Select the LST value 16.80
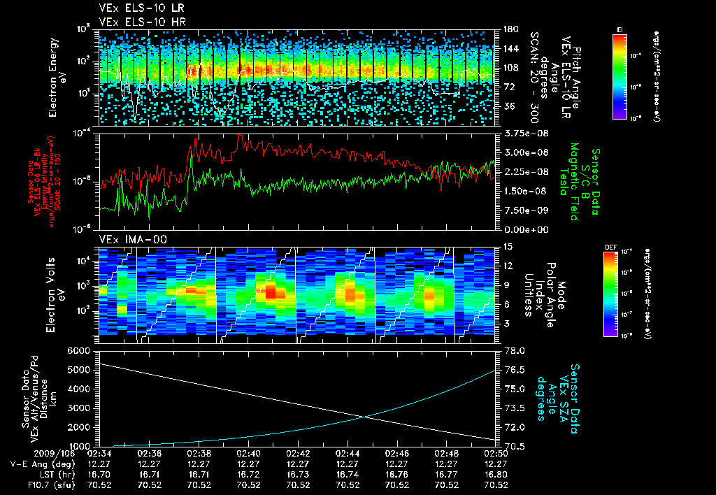(496, 474)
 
